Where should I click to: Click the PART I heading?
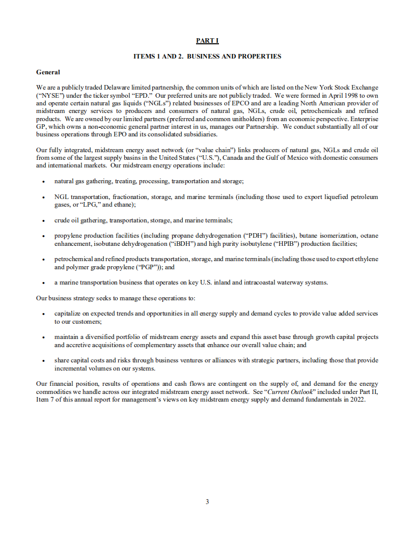coord(207,41)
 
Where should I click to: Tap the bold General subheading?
coord(48,72)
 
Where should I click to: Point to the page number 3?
coord(207,502)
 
